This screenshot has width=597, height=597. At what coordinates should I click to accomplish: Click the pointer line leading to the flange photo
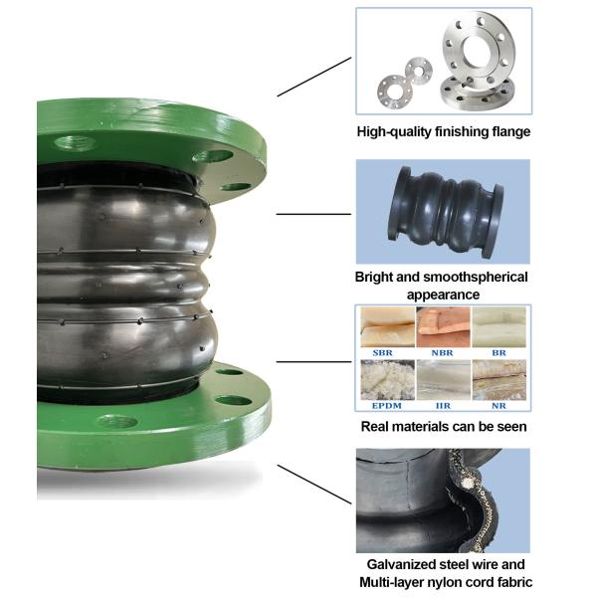[x=313, y=76]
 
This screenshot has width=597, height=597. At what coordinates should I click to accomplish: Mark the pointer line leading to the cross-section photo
[x=313, y=483]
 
